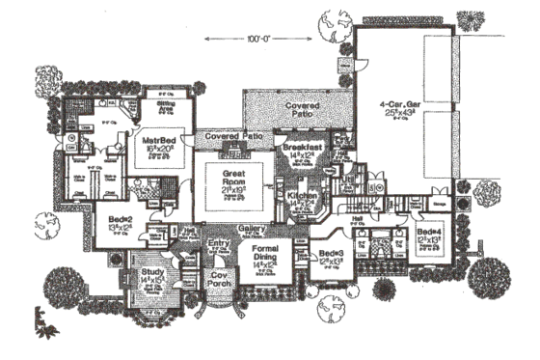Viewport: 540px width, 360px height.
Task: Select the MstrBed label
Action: [156, 139]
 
